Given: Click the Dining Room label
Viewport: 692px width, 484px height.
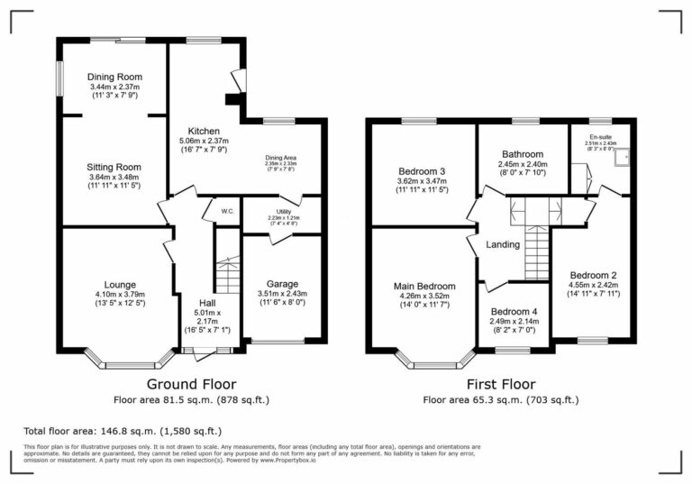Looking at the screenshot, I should coord(114,77).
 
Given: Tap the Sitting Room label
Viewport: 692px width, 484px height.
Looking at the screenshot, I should coord(114,167).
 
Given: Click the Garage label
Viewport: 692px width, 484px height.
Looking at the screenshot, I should coord(282,284).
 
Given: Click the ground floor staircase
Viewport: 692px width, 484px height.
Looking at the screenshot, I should coord(229,275).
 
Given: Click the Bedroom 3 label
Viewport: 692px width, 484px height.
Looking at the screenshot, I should coord(422,171).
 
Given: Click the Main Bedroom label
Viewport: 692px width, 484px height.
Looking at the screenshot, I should coord(424,286).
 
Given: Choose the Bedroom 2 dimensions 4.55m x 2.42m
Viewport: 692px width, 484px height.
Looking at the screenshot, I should coord(594,287).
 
